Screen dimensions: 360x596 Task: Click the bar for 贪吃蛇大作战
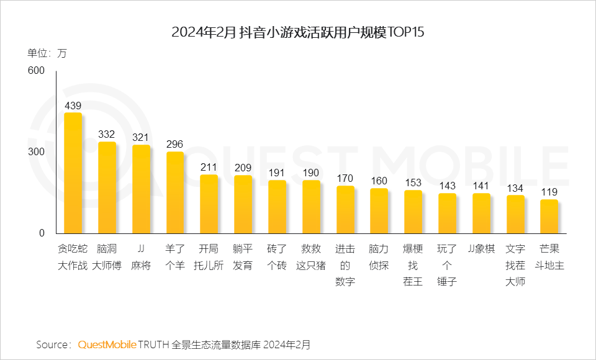pyautogui.click(x=73, y=173)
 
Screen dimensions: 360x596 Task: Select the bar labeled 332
pyautogui.click(x=107, y=187)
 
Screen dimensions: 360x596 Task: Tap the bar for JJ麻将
pyautogui.click(x=141, y=189)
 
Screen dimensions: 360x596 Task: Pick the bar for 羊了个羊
pyautogui.click(x=175, y=192)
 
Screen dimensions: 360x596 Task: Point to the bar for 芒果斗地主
pyautogui.click(x=549, y=217)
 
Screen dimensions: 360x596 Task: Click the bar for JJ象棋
pyautogui.click(x=481, y=214)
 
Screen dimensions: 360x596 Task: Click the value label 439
pyautogui.click(x=73, y=106)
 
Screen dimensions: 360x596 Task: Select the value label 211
pyautogui.click(x=209, y=167)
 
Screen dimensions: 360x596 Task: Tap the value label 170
pyautogui.click(x=345, y=178)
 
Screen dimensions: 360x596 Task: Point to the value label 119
pyautogui.click(x=549, y=192)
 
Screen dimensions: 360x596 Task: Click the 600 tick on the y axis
pyautogui.click(x=37, y=71)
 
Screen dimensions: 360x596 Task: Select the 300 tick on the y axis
pyautogui.click(x=37, y=152)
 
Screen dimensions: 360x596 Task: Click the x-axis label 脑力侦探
pyautogui.click(x=379, y=258)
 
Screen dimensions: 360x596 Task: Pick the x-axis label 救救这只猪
pyautogui.click(x=311, y=258)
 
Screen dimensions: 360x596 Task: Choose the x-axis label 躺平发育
pyautogui.click(x=243, y=258)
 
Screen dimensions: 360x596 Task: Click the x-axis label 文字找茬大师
pyautogui.click(x=515, y=266)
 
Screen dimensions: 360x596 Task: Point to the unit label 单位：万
pyautogui.click(x=47, y=53)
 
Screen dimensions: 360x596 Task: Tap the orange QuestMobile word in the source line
pyautogui.click(x=107, y=344)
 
